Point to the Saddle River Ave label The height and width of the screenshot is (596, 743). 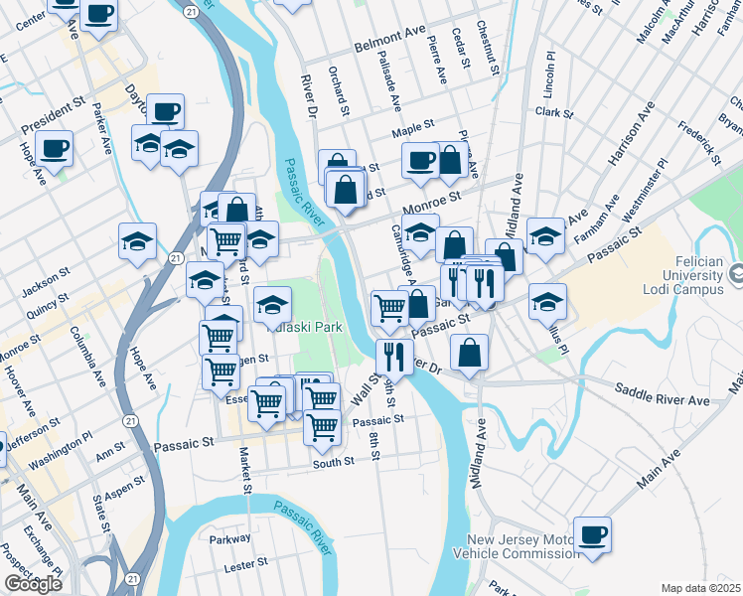662,393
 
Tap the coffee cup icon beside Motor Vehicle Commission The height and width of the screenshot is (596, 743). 593,534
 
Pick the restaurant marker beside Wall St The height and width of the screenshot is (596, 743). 394,355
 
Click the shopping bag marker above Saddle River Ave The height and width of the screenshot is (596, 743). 469,352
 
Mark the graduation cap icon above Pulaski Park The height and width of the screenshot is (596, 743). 272,304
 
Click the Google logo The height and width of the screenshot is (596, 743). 33,584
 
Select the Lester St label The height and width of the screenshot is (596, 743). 246,562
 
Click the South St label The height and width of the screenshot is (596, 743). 333,462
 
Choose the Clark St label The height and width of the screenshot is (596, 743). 554,113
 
